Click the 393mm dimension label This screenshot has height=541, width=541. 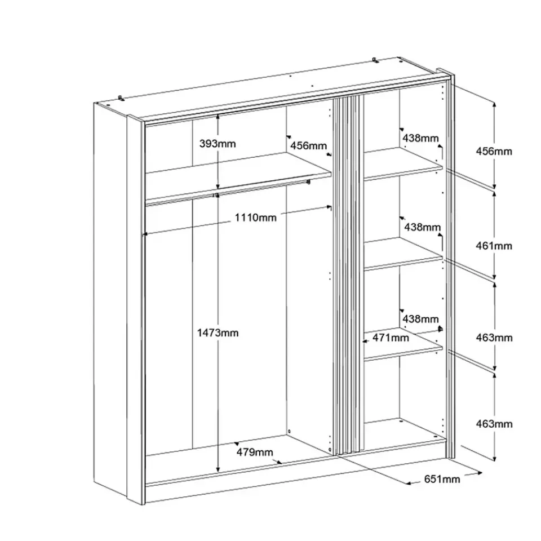218,144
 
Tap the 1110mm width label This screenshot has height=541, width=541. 256,218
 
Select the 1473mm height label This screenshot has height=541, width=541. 218,333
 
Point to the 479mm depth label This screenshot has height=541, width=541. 255,452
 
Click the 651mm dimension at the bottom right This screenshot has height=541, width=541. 442,479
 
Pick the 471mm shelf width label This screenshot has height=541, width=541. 391,338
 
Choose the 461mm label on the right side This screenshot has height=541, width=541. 494,246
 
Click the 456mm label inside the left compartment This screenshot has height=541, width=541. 308,145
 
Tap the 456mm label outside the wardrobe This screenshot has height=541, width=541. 494,151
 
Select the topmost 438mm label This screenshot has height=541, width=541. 420,138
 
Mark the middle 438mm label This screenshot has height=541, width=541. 422,227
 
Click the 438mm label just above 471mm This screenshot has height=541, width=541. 420,318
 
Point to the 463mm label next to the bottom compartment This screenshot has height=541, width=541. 494,424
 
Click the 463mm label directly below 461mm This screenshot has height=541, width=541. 494,338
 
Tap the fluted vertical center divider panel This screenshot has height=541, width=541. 348,274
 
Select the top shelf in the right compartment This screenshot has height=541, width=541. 403,164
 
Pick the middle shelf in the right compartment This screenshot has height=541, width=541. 403,254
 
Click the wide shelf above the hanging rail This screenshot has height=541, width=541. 238,176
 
